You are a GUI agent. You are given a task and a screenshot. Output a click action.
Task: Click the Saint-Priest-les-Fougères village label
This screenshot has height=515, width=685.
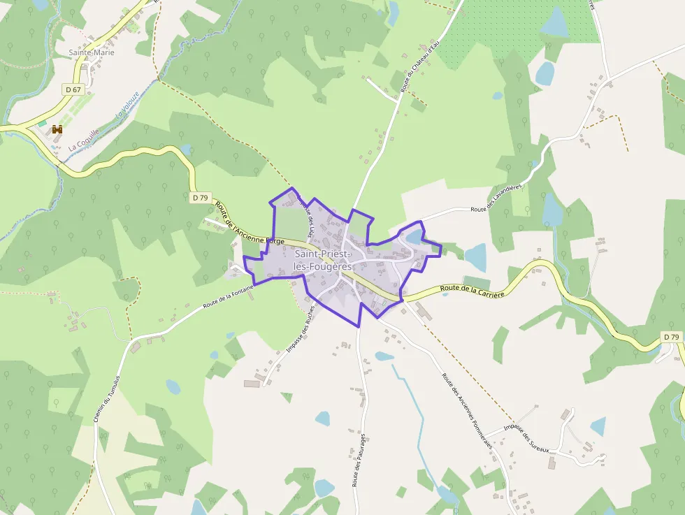coord(322,260)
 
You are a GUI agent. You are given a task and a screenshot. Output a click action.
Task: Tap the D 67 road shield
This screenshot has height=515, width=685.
coord(73,89)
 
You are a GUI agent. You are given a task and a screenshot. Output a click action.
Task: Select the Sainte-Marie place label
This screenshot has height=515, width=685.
coord(92,52)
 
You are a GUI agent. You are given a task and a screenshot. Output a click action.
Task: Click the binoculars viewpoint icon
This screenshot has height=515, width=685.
coord(57,129)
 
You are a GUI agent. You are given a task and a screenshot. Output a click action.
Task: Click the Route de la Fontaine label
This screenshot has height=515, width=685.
coord(228,298)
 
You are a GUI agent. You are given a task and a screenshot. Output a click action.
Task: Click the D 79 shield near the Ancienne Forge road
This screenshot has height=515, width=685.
coord(200,198)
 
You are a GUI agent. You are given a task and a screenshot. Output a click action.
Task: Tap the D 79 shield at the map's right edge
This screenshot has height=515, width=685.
coord(671,337)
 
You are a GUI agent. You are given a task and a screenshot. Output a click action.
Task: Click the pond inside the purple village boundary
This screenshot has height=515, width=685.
coord(414,237)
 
